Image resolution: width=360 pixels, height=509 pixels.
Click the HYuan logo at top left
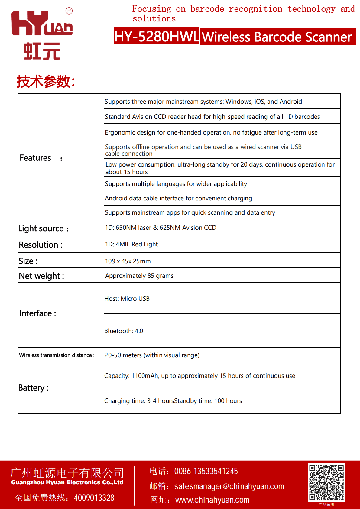pos(42,35)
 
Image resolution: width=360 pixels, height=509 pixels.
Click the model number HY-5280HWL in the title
pos(157,36)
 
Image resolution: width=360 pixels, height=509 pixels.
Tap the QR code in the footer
pos(326,482)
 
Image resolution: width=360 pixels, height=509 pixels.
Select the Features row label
pos(35,158)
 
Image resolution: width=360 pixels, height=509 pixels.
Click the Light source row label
pos(41,228)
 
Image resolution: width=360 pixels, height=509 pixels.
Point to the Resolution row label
pos(38,245)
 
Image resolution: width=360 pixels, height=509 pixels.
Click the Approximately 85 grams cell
pos(139,276)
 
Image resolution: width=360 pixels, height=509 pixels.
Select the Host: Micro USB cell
pos(127,299)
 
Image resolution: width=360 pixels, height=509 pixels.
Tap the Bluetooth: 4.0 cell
pos(124,331)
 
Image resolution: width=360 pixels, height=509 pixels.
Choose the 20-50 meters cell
pos(152,355)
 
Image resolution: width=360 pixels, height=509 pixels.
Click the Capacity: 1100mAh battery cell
pos(199,376)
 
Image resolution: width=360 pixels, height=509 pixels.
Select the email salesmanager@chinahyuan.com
pos(229,486)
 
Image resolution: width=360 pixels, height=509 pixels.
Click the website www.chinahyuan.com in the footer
pos(212,500)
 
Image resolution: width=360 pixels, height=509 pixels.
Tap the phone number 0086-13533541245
pos(206,471)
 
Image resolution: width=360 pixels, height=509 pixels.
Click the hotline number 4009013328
pos(94,498)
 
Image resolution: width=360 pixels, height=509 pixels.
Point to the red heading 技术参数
pos(45,81)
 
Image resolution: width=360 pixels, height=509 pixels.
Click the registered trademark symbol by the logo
pos(69,11)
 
